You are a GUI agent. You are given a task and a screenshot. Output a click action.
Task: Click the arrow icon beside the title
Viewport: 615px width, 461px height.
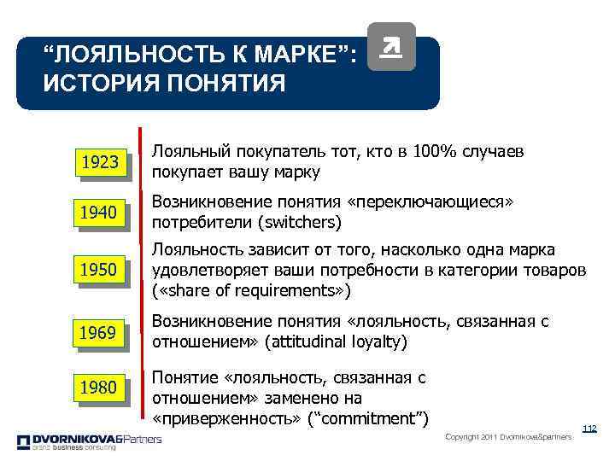[x=390, y=46]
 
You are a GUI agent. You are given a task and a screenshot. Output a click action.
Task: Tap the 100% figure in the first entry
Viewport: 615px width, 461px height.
[x=433, y=152]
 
